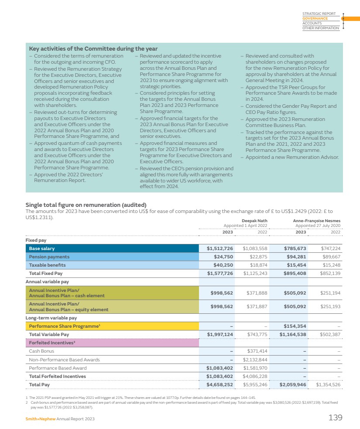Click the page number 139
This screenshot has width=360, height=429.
[x=335, y=418]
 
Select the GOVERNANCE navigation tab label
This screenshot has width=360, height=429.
[x=315, y=19]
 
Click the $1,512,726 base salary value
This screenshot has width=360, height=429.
[x=220, y=248]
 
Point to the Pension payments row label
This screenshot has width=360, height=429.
[x=49, y=257]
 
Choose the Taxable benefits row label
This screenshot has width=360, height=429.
[x=48, y=265]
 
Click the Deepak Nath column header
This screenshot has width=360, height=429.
[x=254, y=221]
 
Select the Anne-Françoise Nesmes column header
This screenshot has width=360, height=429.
[x=316, y=221]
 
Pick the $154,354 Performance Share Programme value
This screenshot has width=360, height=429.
[x=295, y=326]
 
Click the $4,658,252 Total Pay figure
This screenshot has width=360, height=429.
[x=220, y=384]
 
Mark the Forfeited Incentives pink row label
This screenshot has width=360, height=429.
[x=49, y=343]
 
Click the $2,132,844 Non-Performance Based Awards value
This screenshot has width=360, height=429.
[x=255, y=360]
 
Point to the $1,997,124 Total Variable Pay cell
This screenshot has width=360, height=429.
[x=220, y=334]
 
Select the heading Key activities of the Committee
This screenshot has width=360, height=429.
[x=93, y=48]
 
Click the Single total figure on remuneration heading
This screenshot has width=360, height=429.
[x=86, y=205]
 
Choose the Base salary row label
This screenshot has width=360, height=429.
[x=42, y=248]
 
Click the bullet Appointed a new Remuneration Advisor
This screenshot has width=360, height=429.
[x=292, y=157]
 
